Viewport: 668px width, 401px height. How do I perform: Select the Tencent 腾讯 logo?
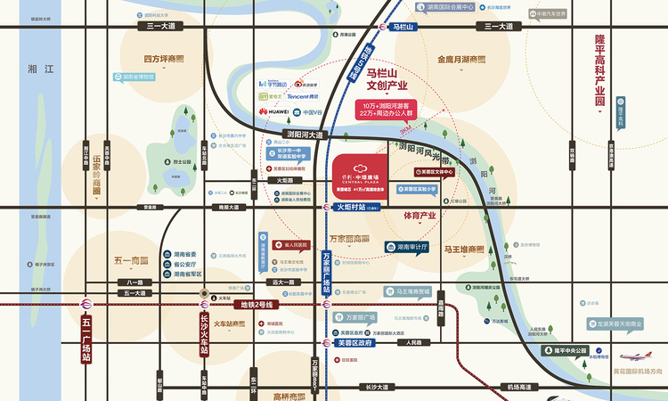304,95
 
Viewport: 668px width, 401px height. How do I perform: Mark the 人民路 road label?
417,342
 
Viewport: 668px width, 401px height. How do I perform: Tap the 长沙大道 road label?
379,387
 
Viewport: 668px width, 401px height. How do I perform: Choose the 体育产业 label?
420,216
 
